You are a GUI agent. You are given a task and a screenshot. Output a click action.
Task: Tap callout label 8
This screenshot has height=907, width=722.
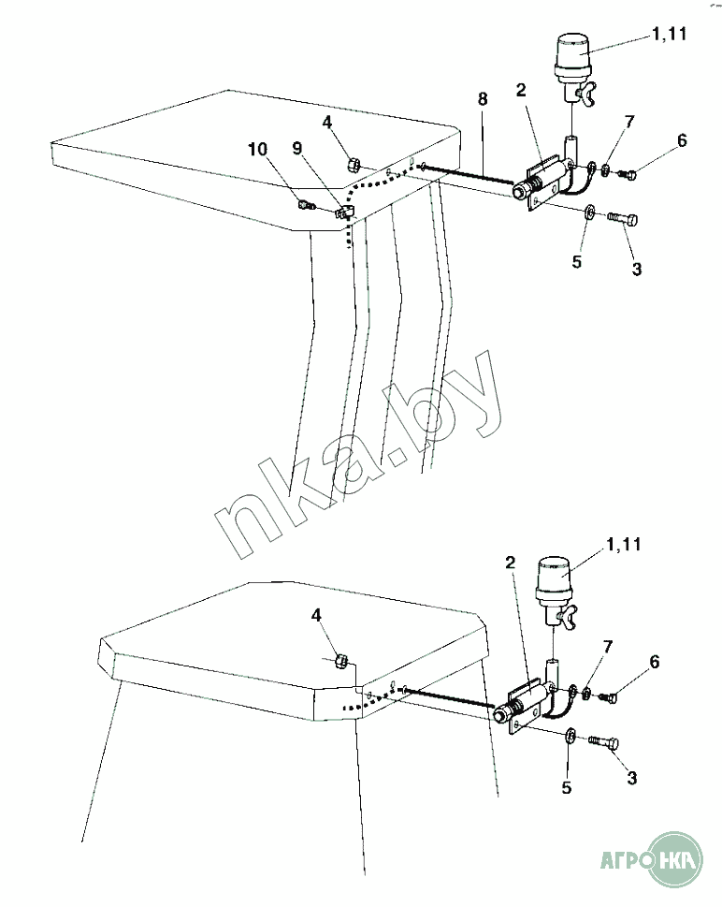click(483, 99)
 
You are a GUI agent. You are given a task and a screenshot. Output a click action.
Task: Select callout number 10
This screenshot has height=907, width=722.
click(258, 149)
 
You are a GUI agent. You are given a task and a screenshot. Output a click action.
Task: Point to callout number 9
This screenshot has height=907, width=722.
click(297, 148)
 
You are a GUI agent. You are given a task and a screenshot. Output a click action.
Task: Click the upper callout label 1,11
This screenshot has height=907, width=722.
click(670, 34)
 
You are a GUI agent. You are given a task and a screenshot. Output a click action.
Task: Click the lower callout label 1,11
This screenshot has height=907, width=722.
click(624, 545)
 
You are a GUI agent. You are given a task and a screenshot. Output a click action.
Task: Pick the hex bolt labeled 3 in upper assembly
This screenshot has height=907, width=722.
click(623, 219)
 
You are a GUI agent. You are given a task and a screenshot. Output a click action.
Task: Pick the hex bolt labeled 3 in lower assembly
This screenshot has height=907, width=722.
click(603, 741)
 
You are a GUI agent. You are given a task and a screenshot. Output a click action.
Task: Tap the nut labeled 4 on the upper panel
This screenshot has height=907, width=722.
click(354, 165)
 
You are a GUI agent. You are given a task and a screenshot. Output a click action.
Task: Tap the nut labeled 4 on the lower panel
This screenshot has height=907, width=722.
click(341, 660)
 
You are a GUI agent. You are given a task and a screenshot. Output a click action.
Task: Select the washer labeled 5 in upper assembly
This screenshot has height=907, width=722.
click(588, 212)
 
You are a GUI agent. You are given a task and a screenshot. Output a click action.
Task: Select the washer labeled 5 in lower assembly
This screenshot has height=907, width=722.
click(570, 735)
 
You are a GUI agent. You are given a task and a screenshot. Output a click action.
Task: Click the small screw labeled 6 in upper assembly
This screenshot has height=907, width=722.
click(628, 173)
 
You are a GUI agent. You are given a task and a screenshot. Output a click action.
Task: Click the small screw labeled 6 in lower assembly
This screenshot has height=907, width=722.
click(608, 697)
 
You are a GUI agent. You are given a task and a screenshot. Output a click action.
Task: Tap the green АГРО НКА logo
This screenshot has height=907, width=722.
click(652, 858)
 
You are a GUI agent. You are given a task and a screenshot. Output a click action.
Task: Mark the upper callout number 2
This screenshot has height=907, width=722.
click(521, 90)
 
